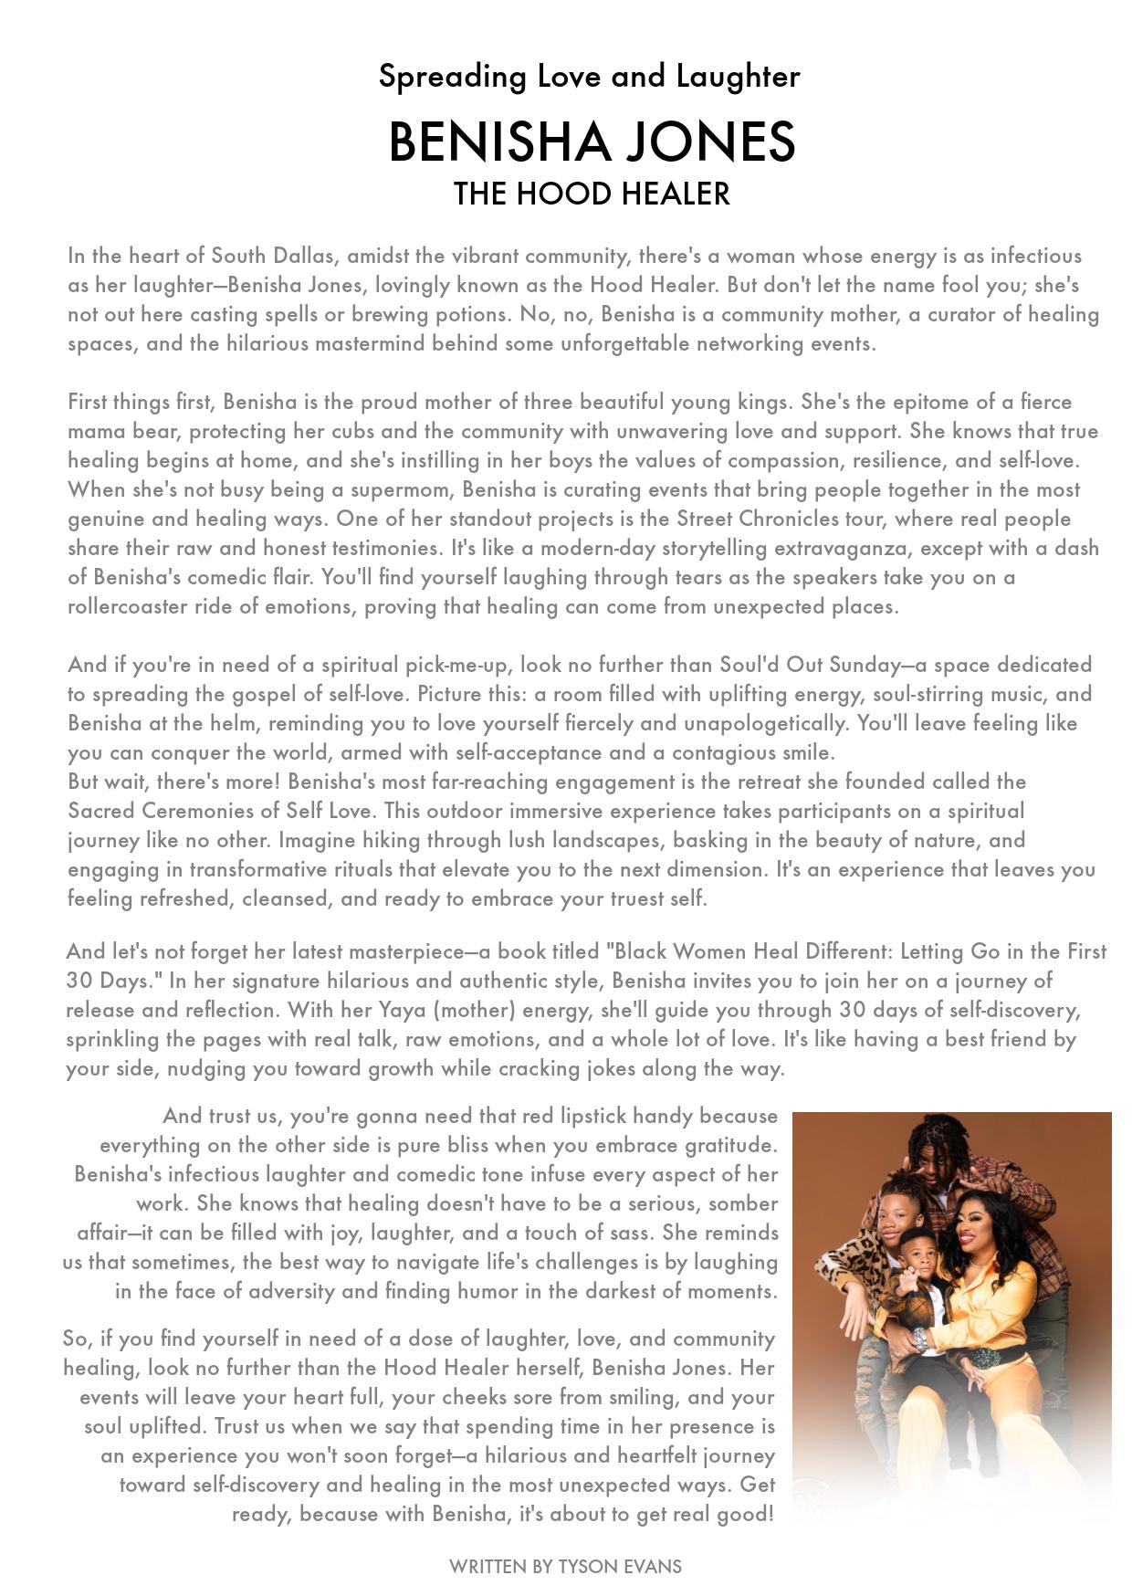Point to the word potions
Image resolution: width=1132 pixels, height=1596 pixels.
pyautogui.click(x=475, y=314)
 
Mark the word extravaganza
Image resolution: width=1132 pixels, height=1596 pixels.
pyautogui.click(x=844, y=548)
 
